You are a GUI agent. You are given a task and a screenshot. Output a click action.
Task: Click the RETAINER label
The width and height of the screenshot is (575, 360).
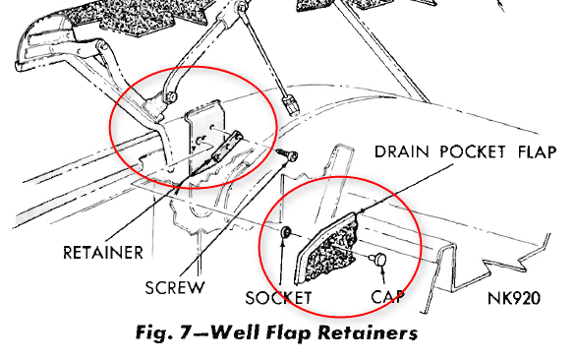pos(103,253)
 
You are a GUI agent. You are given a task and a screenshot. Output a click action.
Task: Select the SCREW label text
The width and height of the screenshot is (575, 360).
pos(175,288)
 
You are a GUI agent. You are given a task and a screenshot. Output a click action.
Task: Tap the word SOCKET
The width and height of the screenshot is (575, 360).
pos(278,298)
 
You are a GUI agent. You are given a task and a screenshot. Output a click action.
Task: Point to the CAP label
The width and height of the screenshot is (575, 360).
pos(387,296)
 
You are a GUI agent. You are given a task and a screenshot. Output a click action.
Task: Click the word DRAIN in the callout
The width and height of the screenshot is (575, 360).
pos(401,151)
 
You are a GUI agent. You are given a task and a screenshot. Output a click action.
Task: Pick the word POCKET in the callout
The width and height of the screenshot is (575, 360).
pos(473,151)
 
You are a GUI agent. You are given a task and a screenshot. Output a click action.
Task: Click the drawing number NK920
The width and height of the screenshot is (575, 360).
pos(514,298)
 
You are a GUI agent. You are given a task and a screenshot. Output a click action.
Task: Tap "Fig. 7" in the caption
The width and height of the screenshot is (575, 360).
pos(162,332)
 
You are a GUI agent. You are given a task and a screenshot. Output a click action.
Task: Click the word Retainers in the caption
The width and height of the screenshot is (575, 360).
pos(368,332)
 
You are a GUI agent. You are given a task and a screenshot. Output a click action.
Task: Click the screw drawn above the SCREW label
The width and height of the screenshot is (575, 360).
pos(287,155)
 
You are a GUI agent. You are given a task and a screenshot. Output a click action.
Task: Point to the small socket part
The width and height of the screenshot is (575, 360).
pos(285,232)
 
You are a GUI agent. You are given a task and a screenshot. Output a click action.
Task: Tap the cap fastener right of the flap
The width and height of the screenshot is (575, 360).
pos(377,259)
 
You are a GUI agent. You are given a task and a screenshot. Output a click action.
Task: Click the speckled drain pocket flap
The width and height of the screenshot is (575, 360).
pos(327,249)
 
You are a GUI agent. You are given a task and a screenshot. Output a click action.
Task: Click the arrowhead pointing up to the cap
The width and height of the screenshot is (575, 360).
pos(382,269)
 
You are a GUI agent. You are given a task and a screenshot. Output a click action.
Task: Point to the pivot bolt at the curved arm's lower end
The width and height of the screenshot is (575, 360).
pos(170,97)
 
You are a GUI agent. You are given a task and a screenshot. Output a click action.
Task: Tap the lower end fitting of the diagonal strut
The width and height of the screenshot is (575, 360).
pos(291,103)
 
